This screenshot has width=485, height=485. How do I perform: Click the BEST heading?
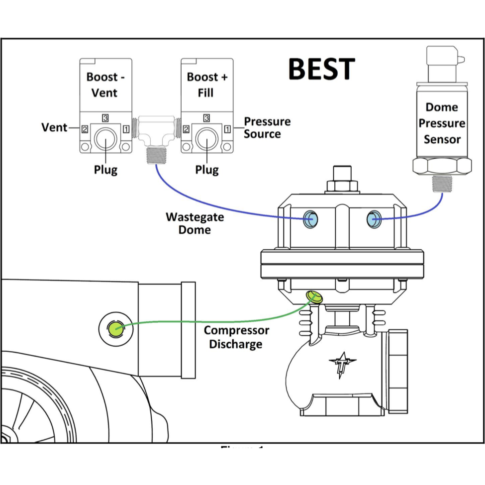321,69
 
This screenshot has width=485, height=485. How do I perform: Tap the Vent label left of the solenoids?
54,127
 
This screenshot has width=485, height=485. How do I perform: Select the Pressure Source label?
267,128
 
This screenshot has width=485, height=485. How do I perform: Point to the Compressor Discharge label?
236,337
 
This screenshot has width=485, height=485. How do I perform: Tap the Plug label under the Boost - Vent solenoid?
105,170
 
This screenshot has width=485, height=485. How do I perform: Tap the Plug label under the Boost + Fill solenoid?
206,170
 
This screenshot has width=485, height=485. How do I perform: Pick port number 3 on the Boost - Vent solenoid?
105,118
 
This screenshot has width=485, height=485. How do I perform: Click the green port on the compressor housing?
116,328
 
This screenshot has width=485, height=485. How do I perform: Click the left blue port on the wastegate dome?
310,218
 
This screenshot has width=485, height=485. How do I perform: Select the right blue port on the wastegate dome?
374,219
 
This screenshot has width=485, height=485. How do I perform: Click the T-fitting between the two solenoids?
156,132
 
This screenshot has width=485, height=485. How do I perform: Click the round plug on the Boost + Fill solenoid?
206,140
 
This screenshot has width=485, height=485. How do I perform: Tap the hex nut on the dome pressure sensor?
441,165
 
